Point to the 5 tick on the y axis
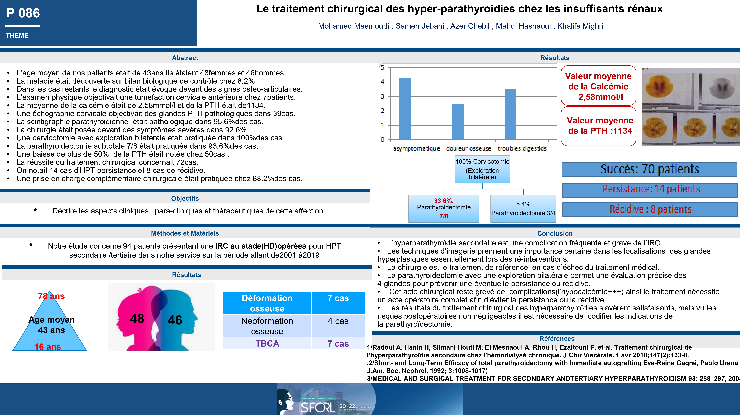tap(382, 67)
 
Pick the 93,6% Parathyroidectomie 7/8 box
tap(443, 208)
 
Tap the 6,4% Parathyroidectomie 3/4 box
tap(523, 208)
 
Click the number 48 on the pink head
tap(137, 318)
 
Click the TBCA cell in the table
tap(267, 344)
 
